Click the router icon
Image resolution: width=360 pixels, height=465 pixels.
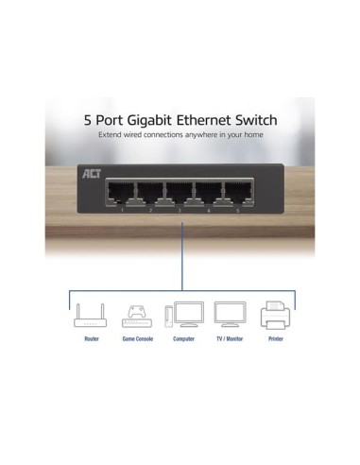(x=90, y=316)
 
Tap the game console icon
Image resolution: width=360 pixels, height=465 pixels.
(x=133, y=316)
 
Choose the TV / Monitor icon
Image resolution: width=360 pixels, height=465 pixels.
(x=230, y=316)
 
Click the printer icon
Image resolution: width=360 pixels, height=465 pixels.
(x=275, y=316)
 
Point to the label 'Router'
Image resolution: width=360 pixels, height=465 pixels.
(x=90, y=338)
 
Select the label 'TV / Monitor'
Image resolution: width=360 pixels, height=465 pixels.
(x=230, y=338)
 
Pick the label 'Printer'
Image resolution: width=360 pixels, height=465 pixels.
(x=275, y=338)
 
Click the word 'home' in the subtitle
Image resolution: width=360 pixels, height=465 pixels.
(x=251, y=136)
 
